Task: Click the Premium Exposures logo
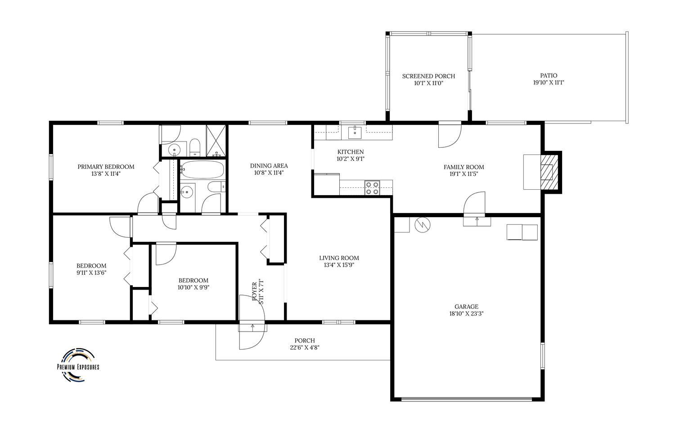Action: [78, 365]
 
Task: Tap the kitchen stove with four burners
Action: [372, 187]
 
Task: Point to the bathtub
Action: [202, 169]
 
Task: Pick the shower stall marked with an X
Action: [216, 141]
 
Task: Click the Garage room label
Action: [466, 307]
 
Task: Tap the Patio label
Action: [549, 75]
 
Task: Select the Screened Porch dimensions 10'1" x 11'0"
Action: [428, 83]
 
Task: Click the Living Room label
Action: [339, 258]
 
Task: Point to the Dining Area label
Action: [269, 166]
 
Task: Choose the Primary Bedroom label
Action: [106, 167]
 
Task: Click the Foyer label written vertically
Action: [254, 291]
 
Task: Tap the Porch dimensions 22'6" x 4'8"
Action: [305, 347]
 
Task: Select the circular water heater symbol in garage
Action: [423, 225]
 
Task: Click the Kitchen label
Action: [351, 152]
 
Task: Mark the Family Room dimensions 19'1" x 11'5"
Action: [464, 174]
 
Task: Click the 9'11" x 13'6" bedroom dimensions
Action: [91, 273]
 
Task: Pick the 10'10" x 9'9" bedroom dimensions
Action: [193, 287]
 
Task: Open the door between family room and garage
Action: [475, 204]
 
